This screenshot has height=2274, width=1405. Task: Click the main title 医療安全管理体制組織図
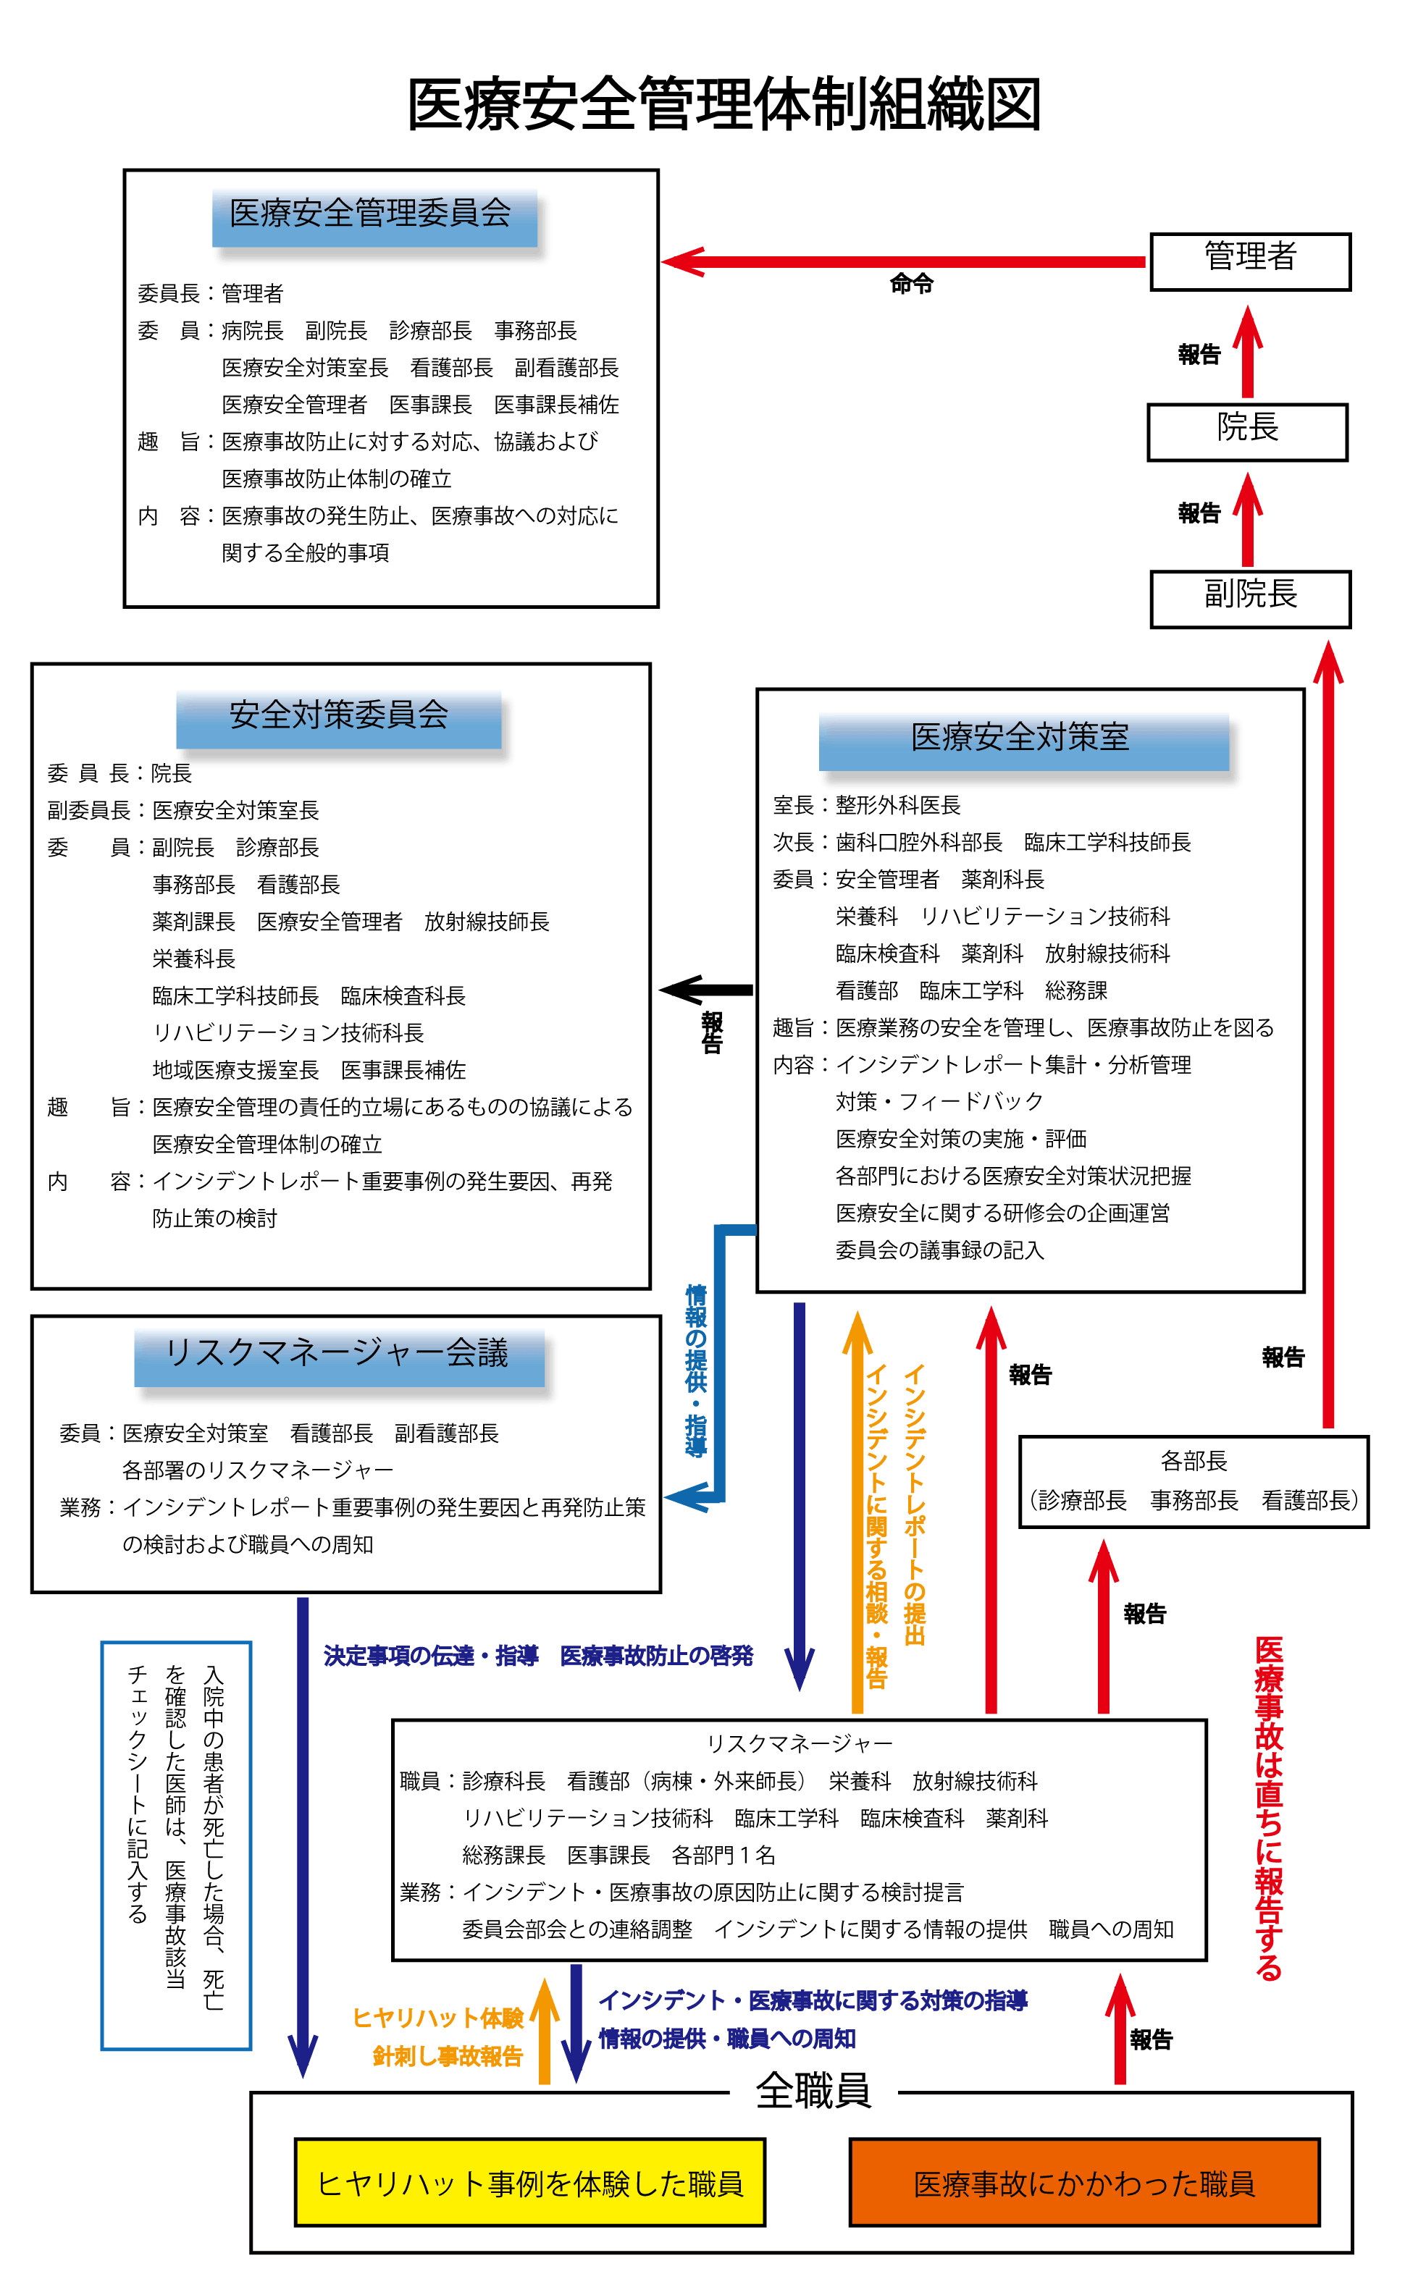point(724,104)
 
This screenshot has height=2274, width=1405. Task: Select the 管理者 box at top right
point(1250,261)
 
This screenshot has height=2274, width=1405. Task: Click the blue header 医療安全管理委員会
point(374,216)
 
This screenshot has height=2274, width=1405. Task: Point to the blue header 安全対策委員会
point(338,718)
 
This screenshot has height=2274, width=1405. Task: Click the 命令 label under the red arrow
point(910,285)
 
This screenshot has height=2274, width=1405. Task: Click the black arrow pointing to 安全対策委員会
point(706,990)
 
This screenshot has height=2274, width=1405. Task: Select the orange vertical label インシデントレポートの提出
point(915,1505)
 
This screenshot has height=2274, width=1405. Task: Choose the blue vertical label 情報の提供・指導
point(696,1370)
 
